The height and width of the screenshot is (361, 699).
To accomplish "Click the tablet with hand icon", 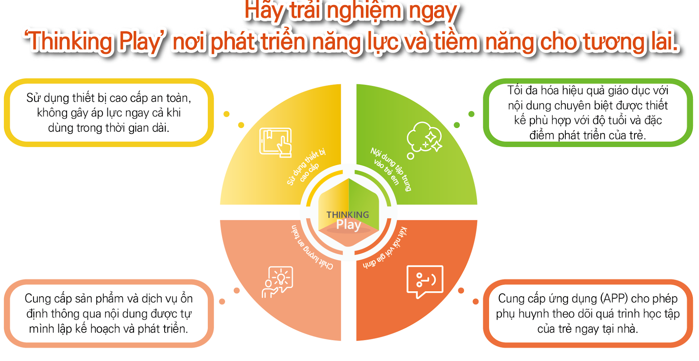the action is [x=275, y=142].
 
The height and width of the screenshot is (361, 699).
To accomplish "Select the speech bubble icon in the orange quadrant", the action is [x=425, y=281].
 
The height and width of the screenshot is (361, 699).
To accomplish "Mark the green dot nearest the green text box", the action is [x=471, y=114].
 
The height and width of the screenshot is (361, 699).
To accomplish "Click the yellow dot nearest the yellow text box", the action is [x=226, y=114].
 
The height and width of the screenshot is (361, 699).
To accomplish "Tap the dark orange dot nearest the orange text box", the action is [x=475, y=301].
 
